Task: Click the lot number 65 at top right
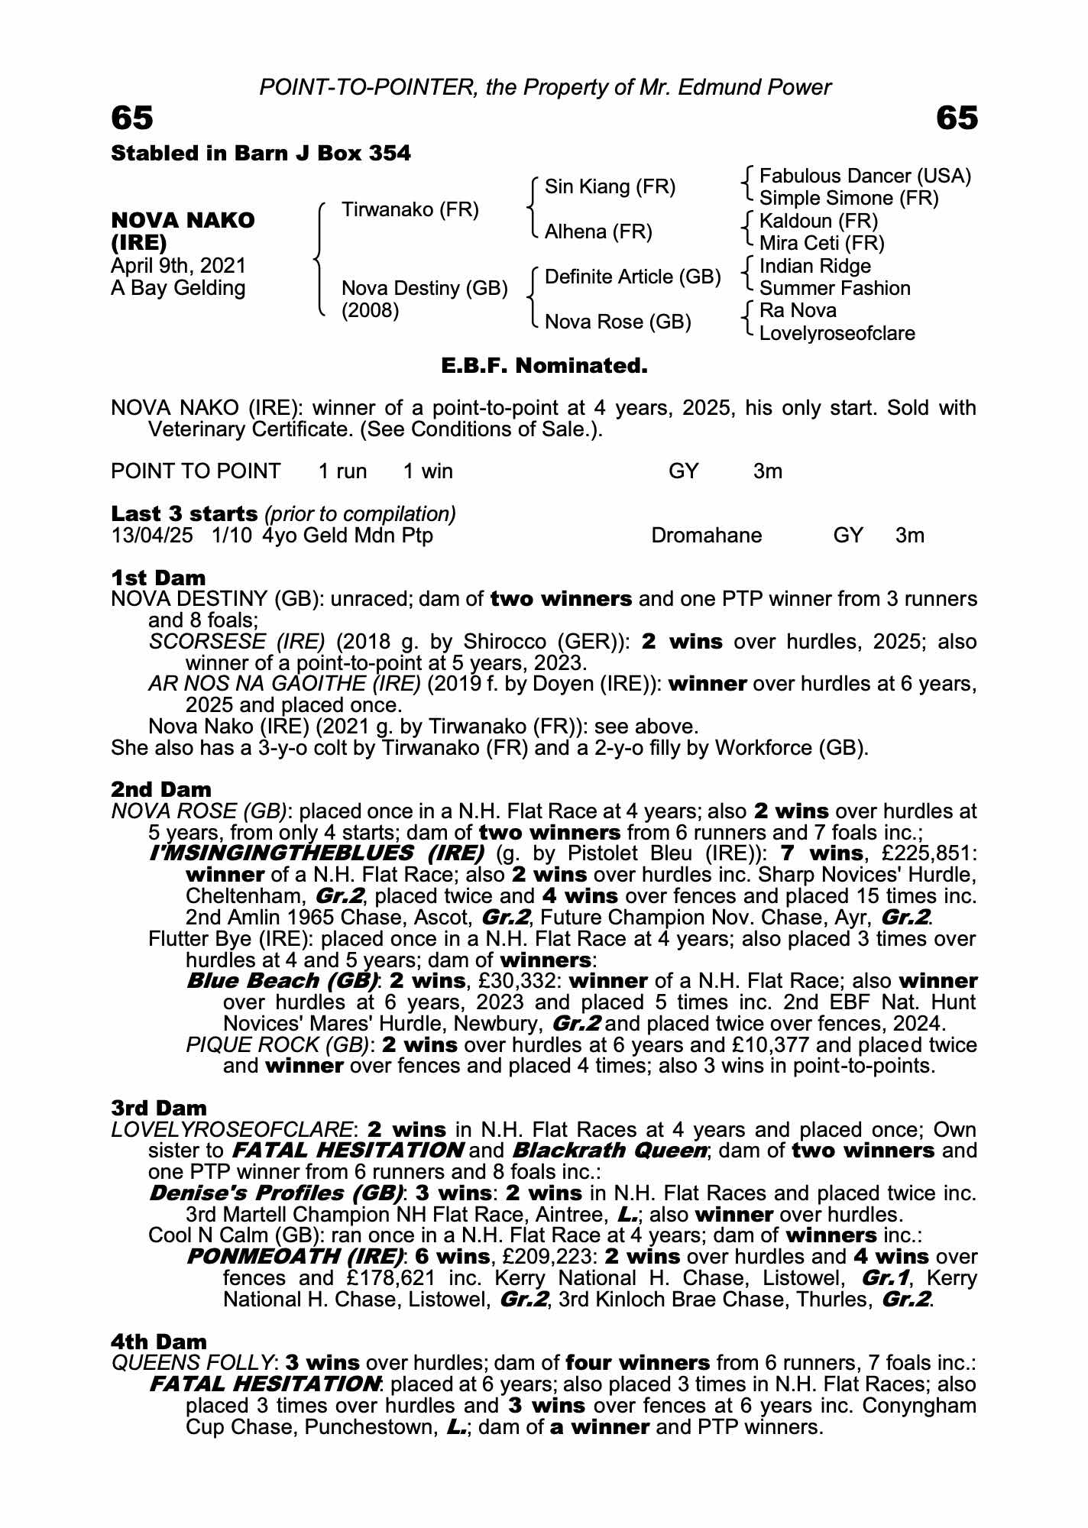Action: coord(956,118)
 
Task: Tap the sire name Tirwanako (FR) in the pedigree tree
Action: coord(410,209)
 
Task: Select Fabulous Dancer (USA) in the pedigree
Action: coord(865,176)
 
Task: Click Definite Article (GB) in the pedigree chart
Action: coord(633,277)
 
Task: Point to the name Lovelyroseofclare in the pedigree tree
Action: coord(837,333)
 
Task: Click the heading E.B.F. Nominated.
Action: coord(544,366)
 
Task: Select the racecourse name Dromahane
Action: coord(706,536)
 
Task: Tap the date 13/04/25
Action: coord(151,536)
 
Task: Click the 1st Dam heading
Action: coord(158,577)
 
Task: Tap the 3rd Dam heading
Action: coord(158,1108)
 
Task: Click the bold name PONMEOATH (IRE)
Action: coord(295,1257)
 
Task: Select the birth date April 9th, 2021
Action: coord(178,266)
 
